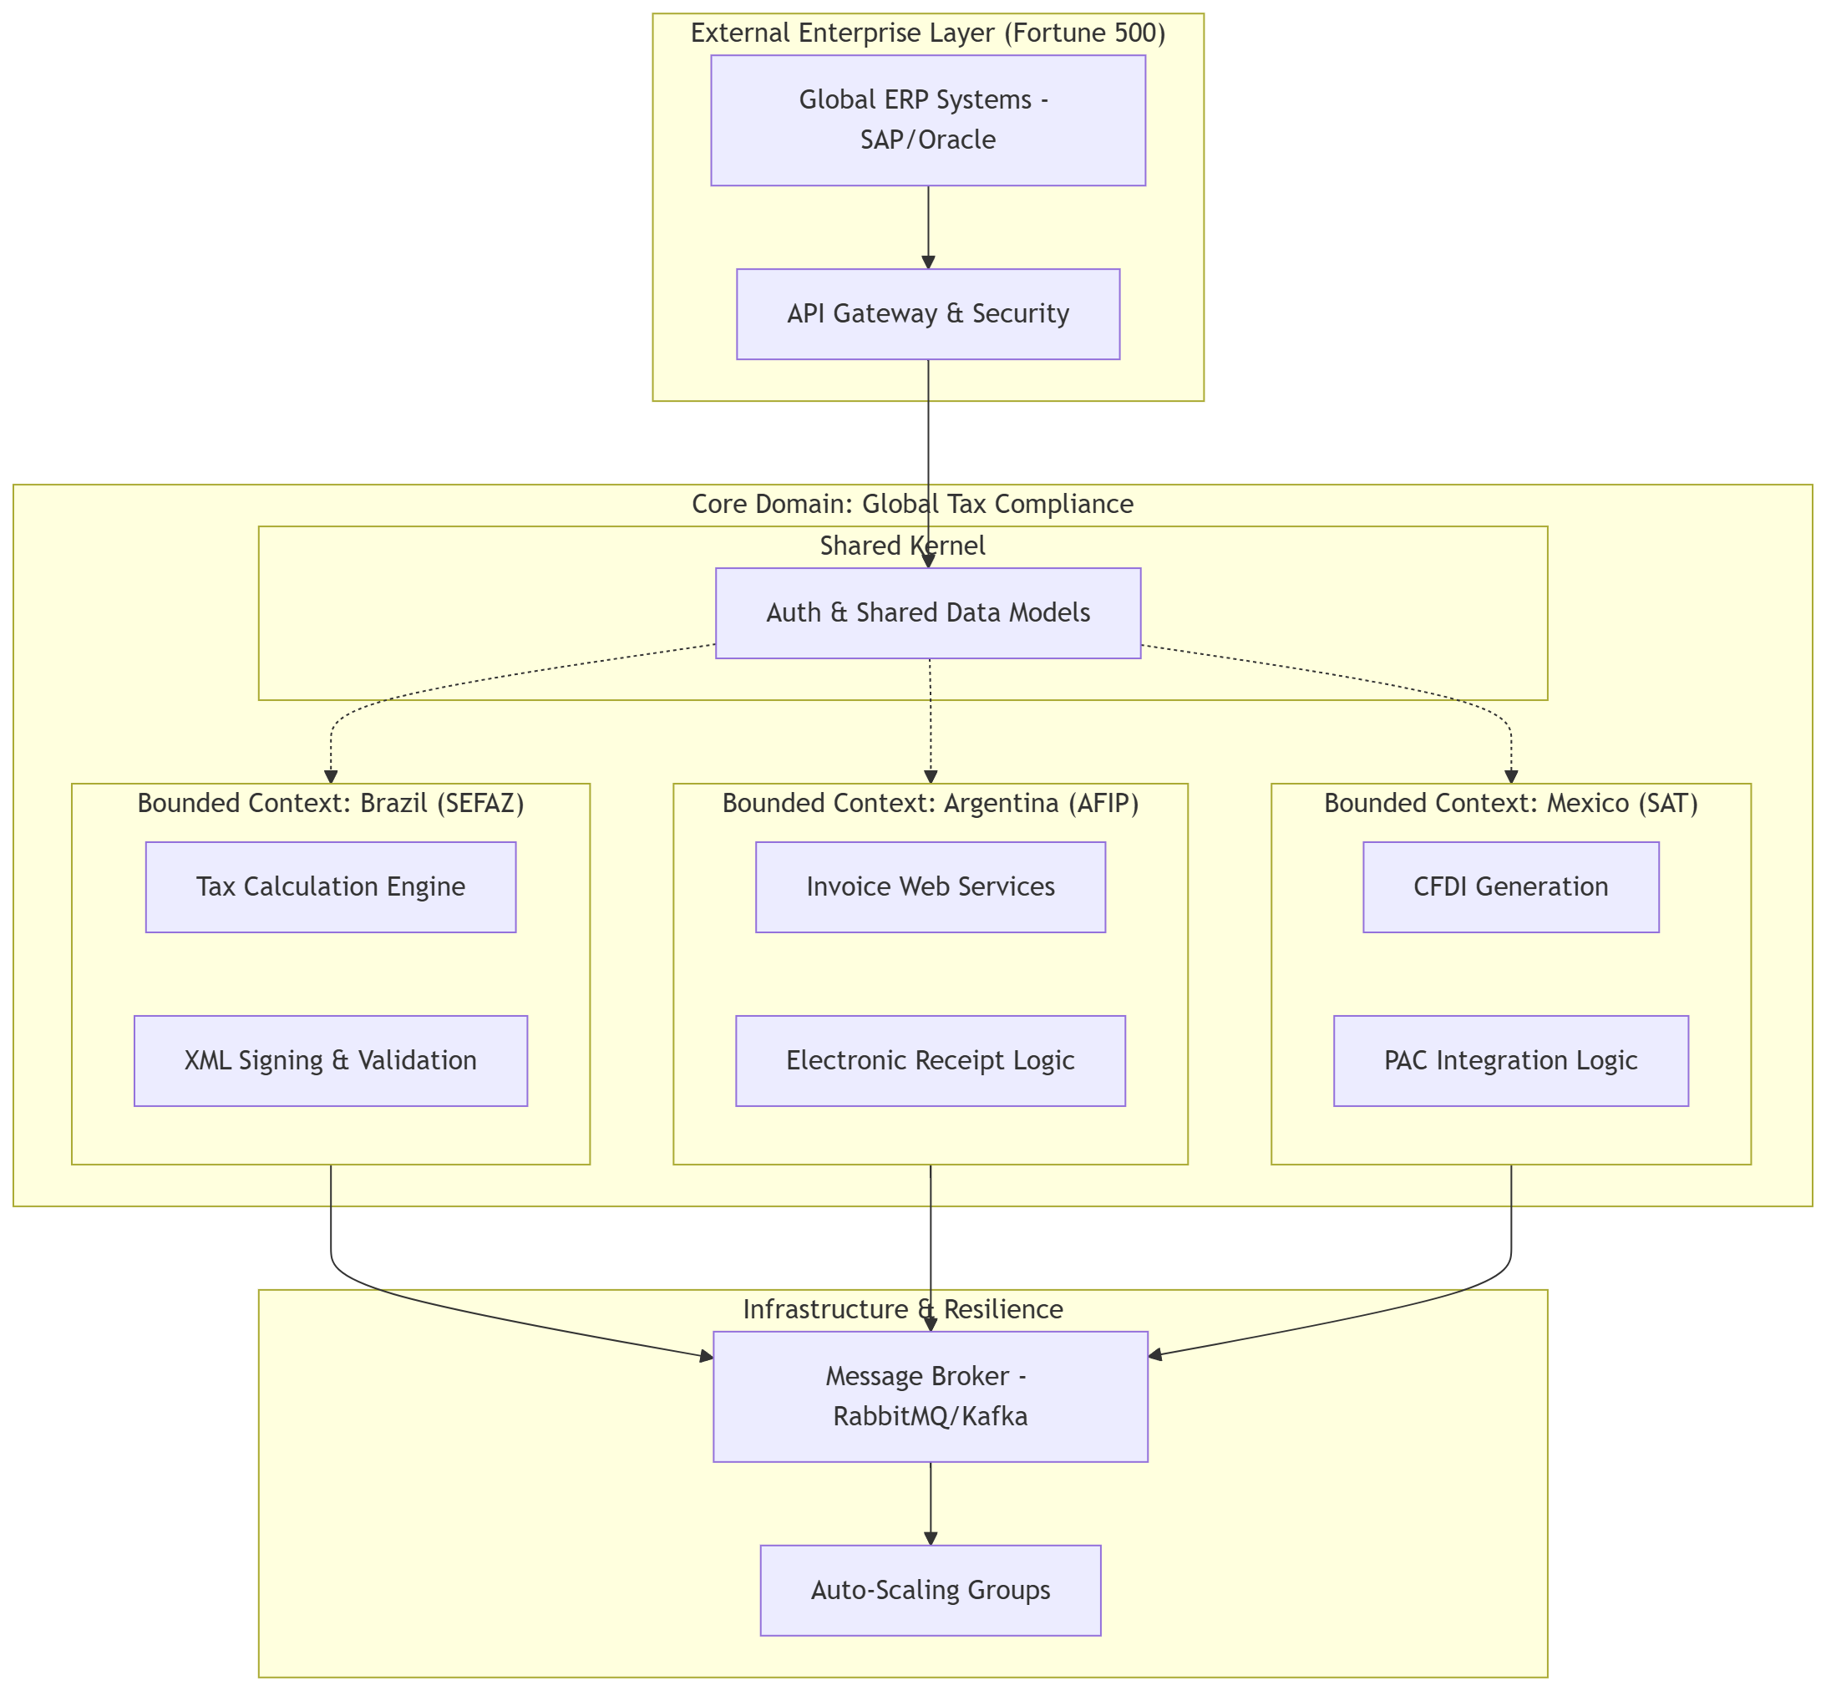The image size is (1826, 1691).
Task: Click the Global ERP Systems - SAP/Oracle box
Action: (928, 119)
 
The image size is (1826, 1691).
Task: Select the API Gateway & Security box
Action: (928, 314)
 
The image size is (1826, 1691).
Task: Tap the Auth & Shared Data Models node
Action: (928, 612)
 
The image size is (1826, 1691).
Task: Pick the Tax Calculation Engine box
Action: (330, 886)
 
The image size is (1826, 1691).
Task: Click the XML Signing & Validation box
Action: (330, 1060)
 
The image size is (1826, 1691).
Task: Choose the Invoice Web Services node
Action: (931, 886)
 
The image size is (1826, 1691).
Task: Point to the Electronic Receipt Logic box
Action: (931, 1060)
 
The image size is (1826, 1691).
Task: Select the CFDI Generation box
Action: (1510, 886)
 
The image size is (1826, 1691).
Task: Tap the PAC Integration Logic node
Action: (1510, 1060)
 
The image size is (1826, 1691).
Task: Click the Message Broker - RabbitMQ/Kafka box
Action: (931, 1396)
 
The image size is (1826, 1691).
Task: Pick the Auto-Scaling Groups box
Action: (931, 1591)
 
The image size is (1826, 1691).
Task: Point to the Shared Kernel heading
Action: (902, 546)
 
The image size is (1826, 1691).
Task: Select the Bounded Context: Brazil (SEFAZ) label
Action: (330, 804)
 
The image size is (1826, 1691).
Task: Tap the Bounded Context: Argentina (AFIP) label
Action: (931, 804)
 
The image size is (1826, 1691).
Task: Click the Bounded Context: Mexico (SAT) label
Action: (1510, 804)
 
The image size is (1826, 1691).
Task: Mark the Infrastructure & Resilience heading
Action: (902, 1309)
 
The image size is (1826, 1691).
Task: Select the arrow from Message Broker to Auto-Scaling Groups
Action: (931, 1503)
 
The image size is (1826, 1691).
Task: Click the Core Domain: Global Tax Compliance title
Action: (912, 504)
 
